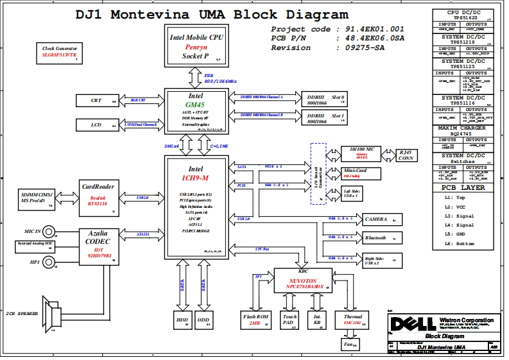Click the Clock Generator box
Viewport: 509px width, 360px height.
tap(59, 52)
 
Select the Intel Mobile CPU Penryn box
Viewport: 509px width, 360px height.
tap(196, 46)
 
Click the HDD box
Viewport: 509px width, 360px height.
tap(182, 320)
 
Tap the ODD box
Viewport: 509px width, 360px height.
tap(203, 320)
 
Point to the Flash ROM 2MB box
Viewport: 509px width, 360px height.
tap(254, 320)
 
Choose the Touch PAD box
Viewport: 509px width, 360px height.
tap(289, 320)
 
